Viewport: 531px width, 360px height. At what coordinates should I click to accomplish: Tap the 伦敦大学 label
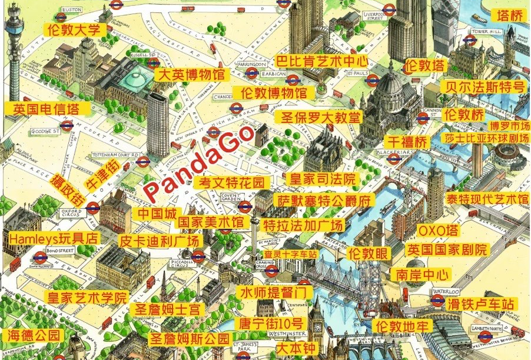(75, 29)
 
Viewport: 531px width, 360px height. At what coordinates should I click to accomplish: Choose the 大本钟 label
(295, 348)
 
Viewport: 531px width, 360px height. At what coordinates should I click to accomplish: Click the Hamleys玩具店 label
(55, 238)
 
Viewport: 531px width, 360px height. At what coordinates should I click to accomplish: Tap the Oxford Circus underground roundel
(92, 208)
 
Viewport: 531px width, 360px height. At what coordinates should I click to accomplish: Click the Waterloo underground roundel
(437, 301)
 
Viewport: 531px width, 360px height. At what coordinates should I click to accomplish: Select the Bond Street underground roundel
(39, 258)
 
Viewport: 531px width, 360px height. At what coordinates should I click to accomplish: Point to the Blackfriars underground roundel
(394, 159)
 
